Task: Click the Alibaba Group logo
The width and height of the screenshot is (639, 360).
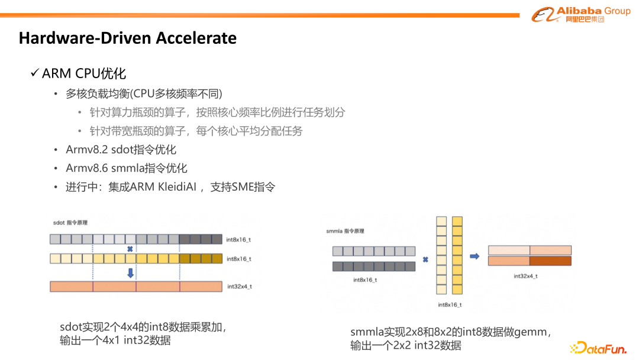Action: tap(581, 14)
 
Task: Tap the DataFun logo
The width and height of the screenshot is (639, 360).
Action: tap(598, 348)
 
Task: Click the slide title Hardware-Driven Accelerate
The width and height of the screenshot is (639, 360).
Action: tap(128, 38)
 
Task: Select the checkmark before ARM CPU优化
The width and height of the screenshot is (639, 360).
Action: tap(35, 73)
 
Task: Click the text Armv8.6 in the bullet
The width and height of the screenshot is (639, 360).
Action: tap(87, 168)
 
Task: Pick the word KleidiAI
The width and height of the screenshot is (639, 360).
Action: tap(177, 187)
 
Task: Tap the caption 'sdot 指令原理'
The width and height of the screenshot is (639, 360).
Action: tap(70, 223)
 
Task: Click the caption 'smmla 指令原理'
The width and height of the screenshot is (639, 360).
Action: tap(345, 231)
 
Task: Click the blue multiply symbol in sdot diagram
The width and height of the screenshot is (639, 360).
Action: tap(130, 249)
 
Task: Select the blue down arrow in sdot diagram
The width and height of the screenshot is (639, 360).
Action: tap(130, 273)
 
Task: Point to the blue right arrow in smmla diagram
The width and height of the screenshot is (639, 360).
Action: tap(475, 256)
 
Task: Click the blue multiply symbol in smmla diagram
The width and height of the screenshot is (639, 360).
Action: tap(425, 259)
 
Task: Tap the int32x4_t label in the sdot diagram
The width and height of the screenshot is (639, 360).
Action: tap(240, 287)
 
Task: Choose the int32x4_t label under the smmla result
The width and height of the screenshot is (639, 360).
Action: tap(525, 276)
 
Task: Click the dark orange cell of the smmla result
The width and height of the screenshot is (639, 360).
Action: tap(551, 261)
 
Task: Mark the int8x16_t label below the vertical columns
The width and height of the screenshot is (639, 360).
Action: tap(450, 304)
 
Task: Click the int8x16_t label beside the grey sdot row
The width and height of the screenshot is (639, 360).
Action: tap(238, 240)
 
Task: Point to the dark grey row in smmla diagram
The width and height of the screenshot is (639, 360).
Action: tap(374, 266)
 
